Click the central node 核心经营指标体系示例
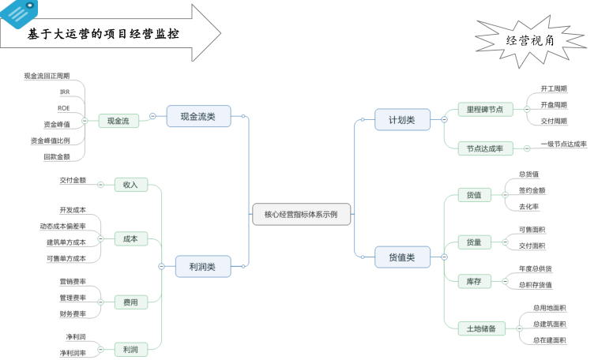[301, 214]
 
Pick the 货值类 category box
[403, 256]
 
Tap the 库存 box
[474, 280]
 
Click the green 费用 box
[130, 302]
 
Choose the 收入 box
[130, 184]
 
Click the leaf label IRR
[65, 92]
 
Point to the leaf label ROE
[64, 107]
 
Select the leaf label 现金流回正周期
[47, 76]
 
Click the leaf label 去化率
[529, 206]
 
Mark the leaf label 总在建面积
[549, 339]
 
